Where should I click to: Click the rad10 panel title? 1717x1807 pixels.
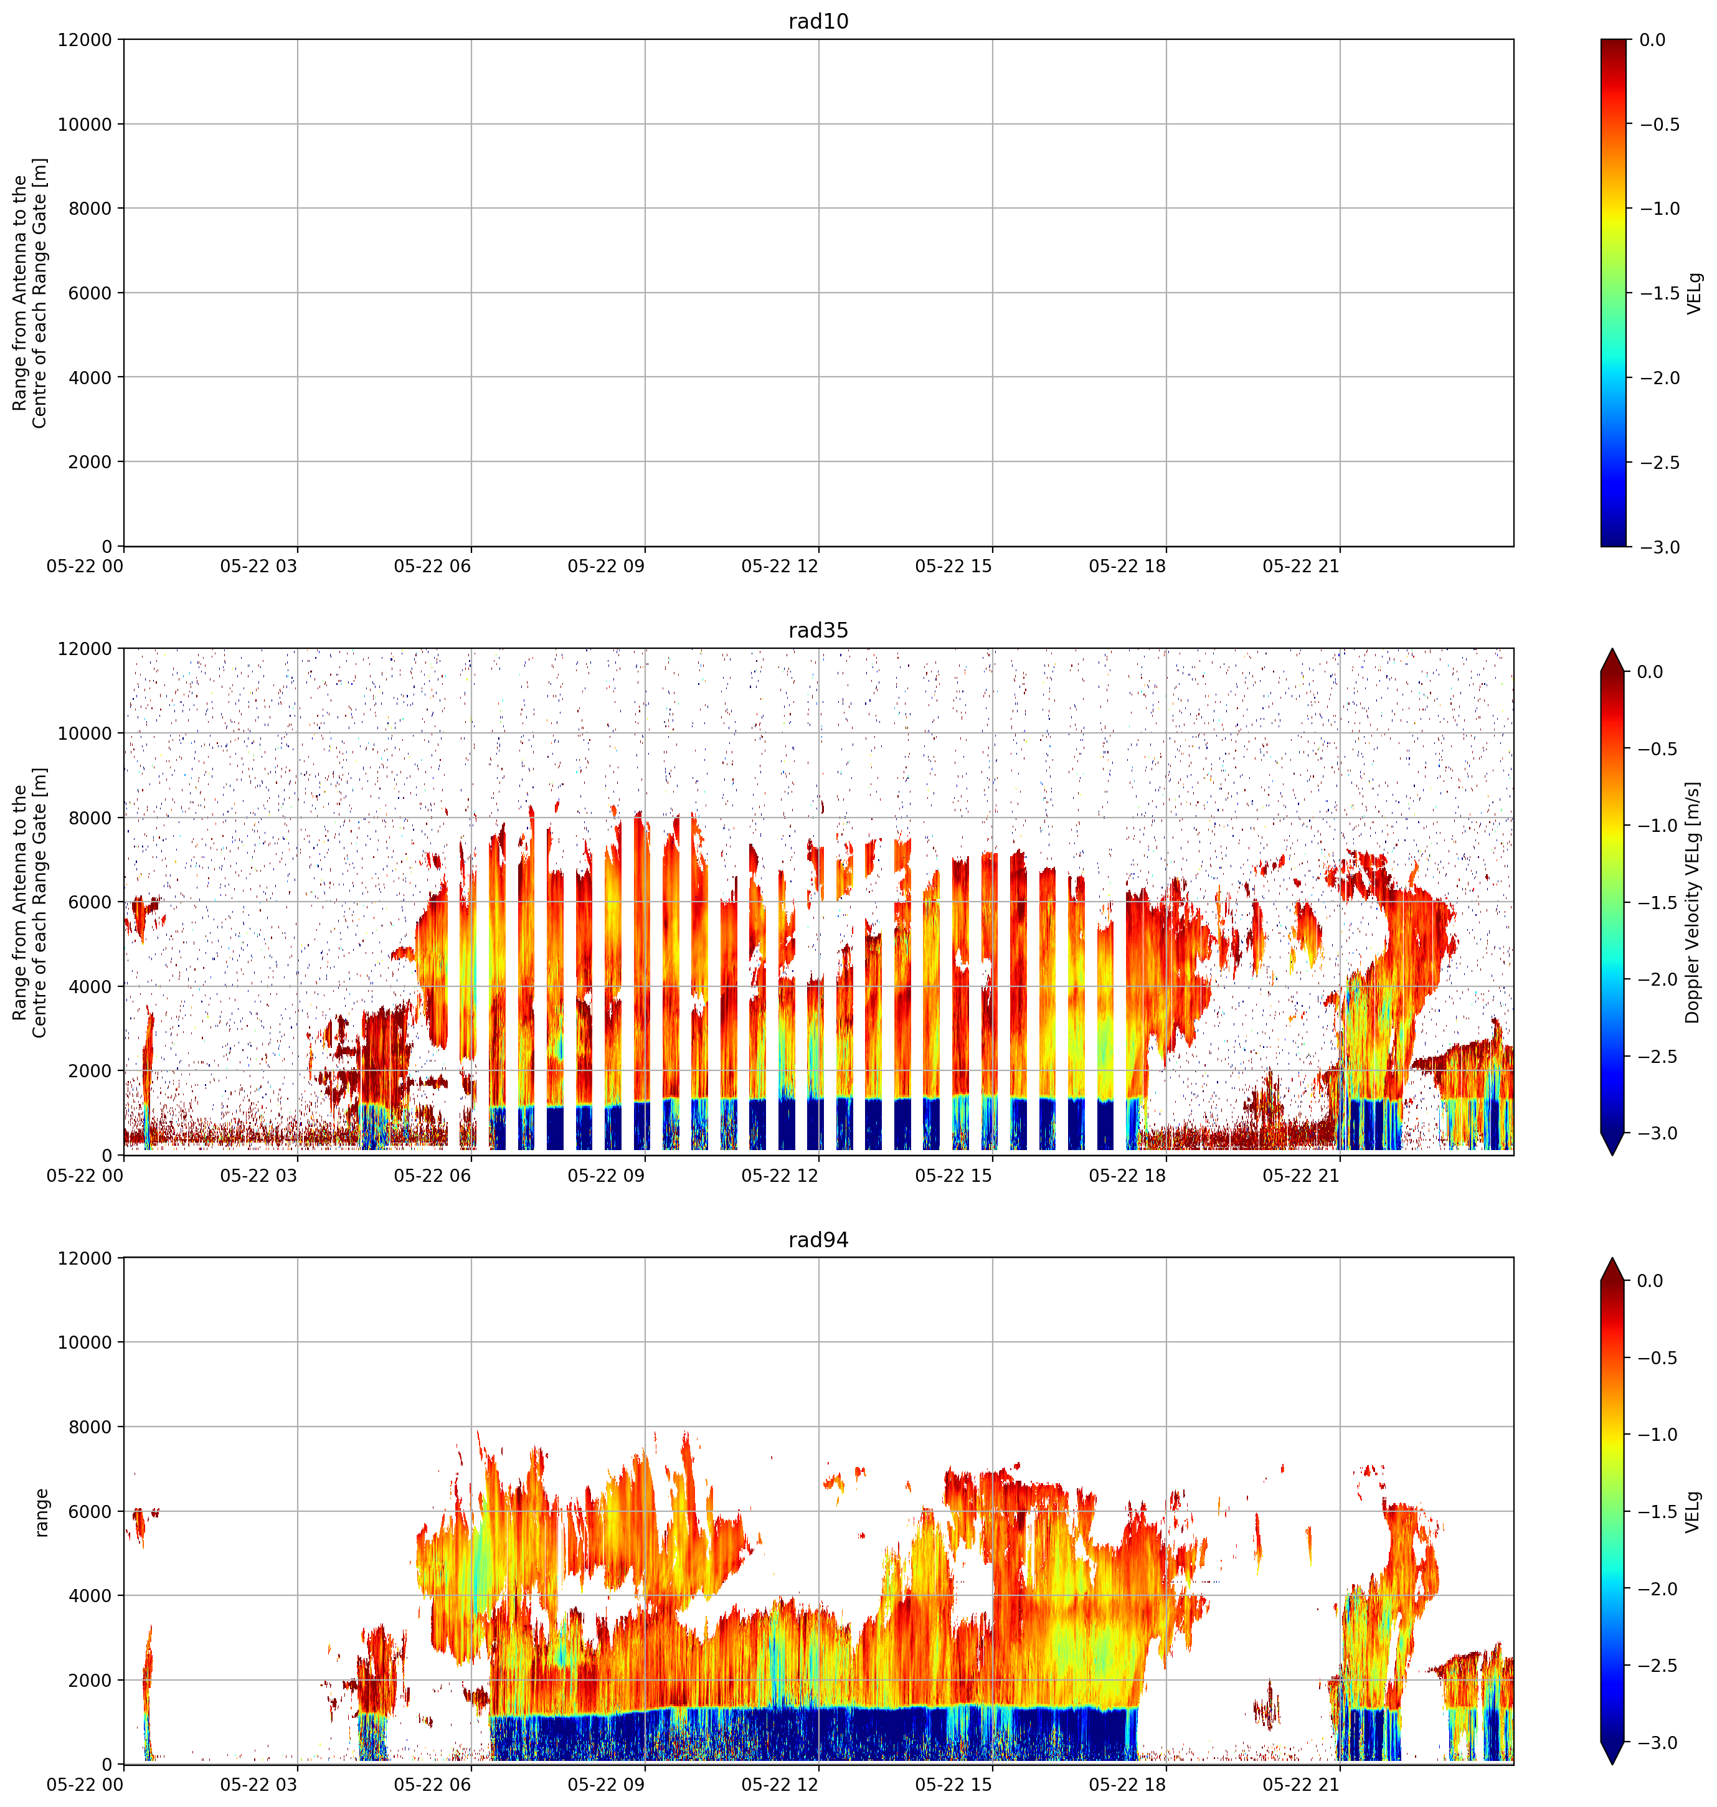pos(818,21)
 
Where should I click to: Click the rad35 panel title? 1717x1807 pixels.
pos(818,630)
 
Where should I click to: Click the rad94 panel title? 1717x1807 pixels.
pos(818,1240)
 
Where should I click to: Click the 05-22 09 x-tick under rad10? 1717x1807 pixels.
pos(606,567)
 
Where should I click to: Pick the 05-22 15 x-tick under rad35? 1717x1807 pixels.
pos(953,1176)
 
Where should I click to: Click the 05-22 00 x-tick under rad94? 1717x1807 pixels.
pos(85,1785)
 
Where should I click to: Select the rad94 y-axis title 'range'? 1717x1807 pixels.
pos(41,1512)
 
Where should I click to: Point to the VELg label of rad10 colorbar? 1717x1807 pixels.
pos(1694,293)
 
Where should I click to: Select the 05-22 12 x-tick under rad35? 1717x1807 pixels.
pos(780,1176)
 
